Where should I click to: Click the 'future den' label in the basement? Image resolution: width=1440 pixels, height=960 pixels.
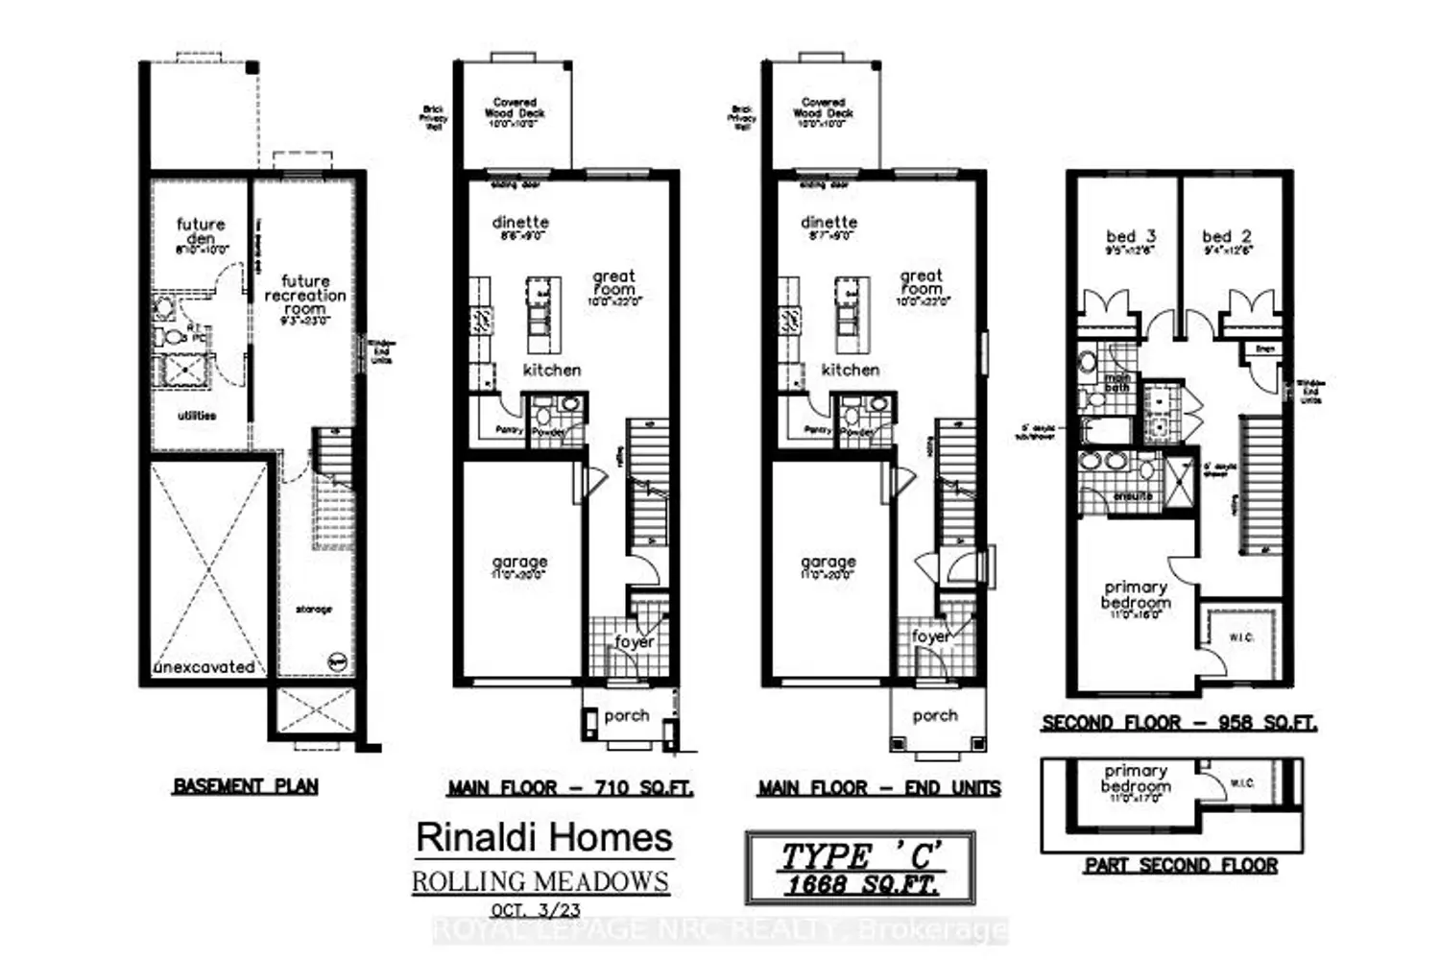click(x=201, y=231)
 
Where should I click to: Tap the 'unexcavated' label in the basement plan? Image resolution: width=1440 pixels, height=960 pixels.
click(x=204, y=667)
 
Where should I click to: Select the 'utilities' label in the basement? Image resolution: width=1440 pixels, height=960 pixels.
click(x=197, y=416)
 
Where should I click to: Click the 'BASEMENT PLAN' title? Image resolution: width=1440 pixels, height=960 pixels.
click(x=246, y=785)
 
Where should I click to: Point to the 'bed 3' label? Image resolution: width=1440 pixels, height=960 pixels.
click(x=1130, y=236)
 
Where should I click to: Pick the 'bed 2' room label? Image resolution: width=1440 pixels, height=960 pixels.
click(x=1226, y=236)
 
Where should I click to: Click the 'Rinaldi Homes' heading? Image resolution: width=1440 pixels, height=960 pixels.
click(x=543, y=837)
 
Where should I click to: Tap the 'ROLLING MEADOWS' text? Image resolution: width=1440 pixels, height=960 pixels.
click(x=540, y=881)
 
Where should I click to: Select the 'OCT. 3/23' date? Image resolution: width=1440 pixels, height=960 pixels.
click(x=535, y=909)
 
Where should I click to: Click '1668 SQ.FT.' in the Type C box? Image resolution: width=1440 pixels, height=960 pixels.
click(x=860, y=884)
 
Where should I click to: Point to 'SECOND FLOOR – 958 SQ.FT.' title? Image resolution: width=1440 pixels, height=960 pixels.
click(x=1179, y=723)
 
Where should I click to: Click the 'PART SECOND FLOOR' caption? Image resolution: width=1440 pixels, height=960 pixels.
click(x=1181, y=865)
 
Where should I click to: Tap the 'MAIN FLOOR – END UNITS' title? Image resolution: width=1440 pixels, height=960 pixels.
click(x=878, y=788)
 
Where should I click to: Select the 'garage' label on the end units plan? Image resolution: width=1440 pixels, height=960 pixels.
click(x=828, y=562)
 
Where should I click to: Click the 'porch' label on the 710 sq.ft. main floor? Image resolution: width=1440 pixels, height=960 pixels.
click(x=626, y=716)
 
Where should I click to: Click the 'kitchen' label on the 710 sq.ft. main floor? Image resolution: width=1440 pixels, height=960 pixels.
click(x=552, y=370)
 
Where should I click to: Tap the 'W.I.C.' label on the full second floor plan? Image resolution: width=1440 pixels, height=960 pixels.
click(x=1240, y=637)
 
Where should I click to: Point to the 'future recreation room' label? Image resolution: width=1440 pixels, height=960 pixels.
click(x=305, y=296)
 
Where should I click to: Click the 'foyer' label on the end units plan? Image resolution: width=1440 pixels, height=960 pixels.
click(x=930, y=636)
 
